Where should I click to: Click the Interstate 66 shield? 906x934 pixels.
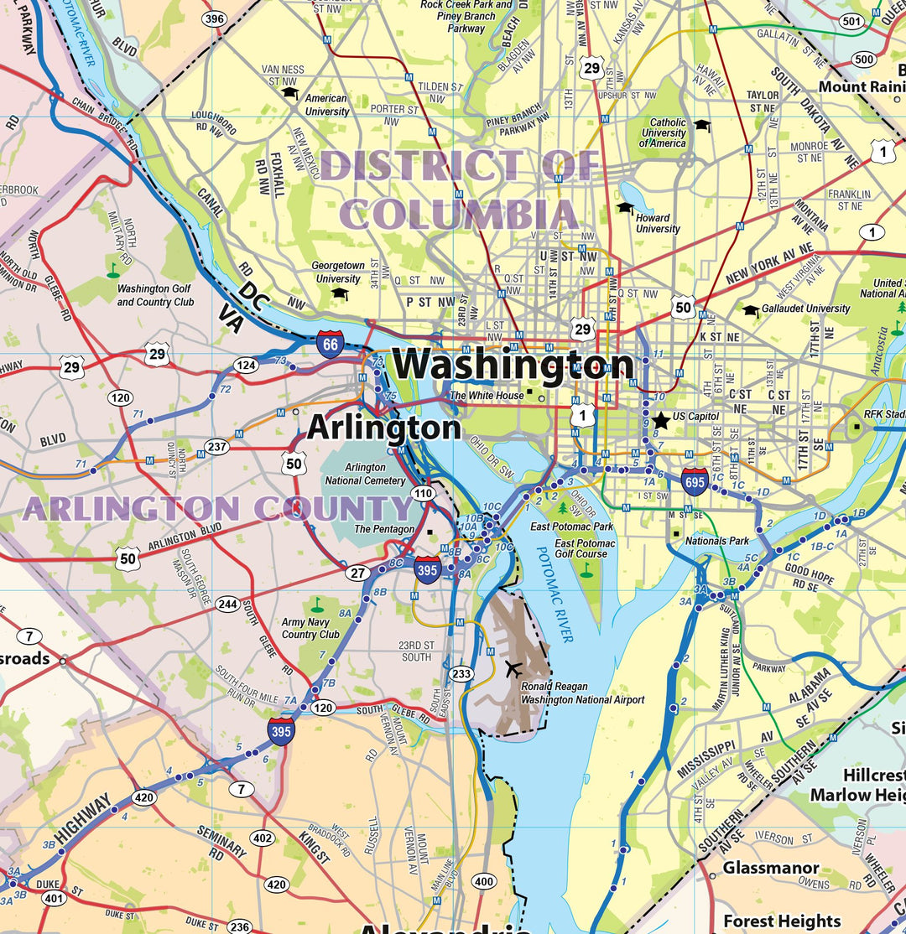[329, 345]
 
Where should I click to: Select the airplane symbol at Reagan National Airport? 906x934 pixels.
[513, 668]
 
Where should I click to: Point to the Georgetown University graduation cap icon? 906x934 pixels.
[340, 293]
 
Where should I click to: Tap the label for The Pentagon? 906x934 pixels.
[384, 529]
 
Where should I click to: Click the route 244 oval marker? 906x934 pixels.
[227, 604]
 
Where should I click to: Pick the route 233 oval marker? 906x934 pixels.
[461, 673]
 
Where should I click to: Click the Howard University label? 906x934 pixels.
[658, 223]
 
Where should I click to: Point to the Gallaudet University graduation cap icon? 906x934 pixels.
[750, 310]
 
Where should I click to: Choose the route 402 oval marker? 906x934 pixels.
[263, 838]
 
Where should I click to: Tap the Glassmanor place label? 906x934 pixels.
[771, 868]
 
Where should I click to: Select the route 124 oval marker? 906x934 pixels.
[246, 366]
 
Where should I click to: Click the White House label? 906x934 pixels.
[487, 395]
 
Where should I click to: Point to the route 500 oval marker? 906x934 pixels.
[863, 59]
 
